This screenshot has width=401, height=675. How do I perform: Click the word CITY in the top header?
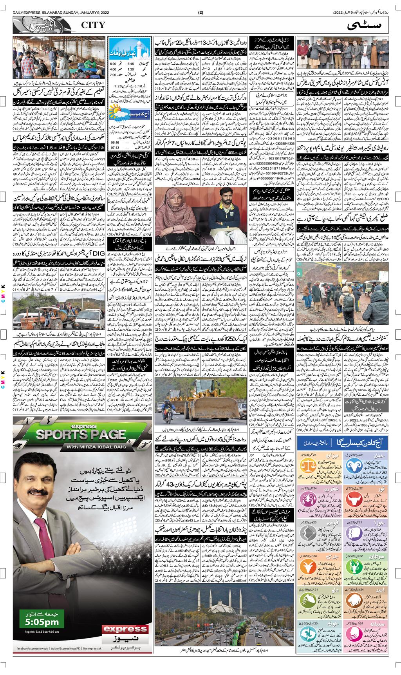[93, 25]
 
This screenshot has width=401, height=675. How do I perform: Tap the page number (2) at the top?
[200, 12]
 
